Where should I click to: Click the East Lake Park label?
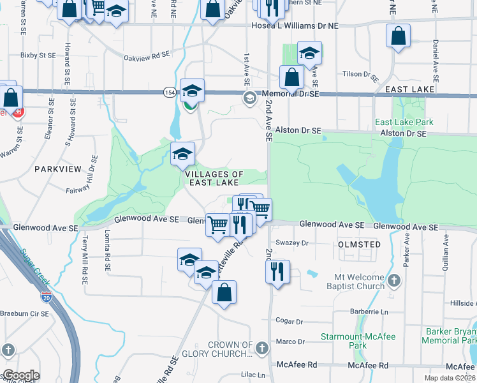[x=404, y=122]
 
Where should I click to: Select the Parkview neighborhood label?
[x=58, y=169]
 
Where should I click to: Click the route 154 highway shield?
[x=169, y=92]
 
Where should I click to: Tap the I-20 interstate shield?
[x=47, y=297]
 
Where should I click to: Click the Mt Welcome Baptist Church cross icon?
[x=394, y=280]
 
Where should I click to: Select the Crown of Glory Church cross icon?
[x=262, y=349]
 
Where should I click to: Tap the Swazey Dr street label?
[x=293, y=243]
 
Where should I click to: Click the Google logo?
[x=21, y=375]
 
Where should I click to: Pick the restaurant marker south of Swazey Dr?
[x=277, y=271]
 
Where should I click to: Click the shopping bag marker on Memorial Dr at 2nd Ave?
[x=291, y=77]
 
